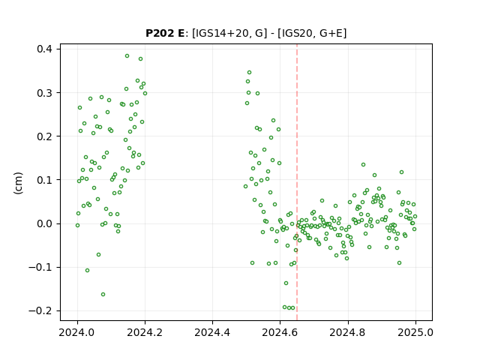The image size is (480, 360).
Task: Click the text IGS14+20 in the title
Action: coord(221,33)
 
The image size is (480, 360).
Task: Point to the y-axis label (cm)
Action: coord(18,183)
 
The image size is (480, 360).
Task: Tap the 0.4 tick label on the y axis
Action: coord(44,49)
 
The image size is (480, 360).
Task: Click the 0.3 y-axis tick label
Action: coord(44,93)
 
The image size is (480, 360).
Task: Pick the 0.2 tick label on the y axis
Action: coord(44,136)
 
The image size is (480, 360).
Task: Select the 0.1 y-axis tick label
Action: coord(44,180)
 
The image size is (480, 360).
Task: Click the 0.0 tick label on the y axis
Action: coord(44,223)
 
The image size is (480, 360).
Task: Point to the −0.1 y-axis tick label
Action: coord(40,268)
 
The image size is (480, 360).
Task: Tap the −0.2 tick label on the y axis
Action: coord(40,311)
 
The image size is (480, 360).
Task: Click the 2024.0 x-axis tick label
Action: coord(77,332)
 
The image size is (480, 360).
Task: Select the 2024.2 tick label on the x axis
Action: coord(145,332)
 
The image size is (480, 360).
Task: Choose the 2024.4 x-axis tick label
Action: coord(212,332)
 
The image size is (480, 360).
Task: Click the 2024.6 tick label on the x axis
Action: coord(280,332)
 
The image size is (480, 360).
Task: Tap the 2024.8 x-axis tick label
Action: coord(347,332)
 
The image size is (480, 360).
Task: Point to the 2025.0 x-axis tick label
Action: coord(415,332)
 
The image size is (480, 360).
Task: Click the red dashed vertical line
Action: coord(297,182)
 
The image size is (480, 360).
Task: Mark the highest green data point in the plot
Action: coord(127,56)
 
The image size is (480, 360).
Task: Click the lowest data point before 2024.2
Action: coord(103,295)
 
